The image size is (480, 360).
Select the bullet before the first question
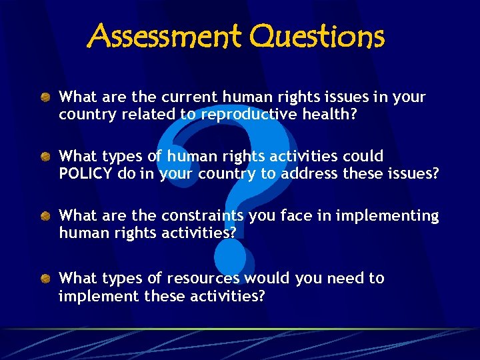coord(45,98)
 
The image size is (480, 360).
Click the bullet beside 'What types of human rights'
coord(45,157)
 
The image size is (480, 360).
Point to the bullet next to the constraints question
coord(45,217)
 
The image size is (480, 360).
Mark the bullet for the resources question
coord(45,279)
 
